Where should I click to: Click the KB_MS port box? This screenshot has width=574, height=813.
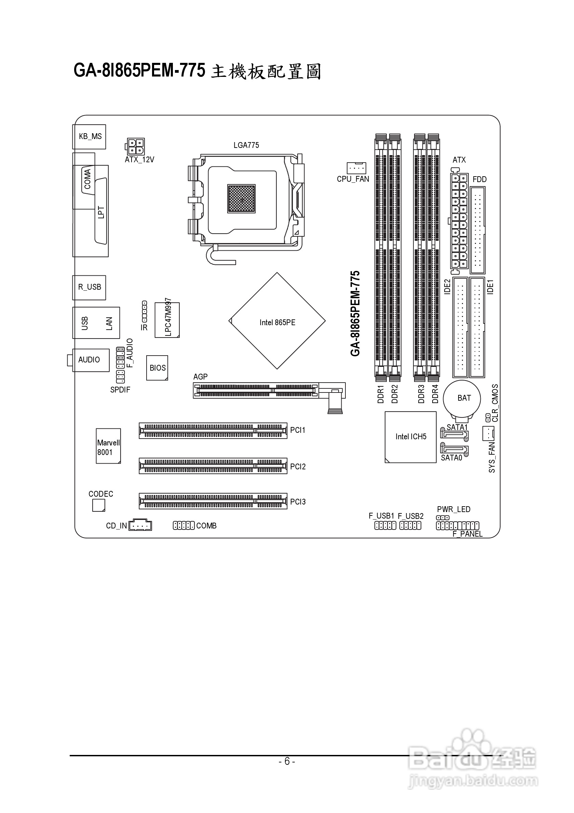coord(90,136)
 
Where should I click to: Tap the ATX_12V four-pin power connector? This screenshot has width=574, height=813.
coord(135,146)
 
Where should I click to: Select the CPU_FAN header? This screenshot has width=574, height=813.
coord(356,167)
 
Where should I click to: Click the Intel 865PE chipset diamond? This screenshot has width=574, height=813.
coord(277,321)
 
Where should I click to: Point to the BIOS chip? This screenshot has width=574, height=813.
coord(157,368)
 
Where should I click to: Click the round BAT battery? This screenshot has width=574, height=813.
coord(463,398)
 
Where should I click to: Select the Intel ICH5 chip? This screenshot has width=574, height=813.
coord(410,437)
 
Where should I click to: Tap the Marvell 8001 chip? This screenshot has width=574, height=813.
coord(108,446)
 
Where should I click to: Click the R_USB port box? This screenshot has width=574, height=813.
coord(89,287)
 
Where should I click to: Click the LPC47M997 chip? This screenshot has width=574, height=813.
coord(167,320)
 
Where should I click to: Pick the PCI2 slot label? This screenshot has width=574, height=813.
coord(298,467)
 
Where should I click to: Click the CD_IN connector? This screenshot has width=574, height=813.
coord(140,525)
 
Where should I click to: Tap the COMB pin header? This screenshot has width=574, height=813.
coord(183,525)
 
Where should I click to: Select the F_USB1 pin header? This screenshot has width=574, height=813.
coord(385,526)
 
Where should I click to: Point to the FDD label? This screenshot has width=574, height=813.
coord(479,180)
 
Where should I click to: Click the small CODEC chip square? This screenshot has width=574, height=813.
coord(98,505)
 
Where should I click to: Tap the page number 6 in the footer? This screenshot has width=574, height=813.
coord(287,761)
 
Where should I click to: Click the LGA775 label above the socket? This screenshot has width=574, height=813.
coord(246,145)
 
